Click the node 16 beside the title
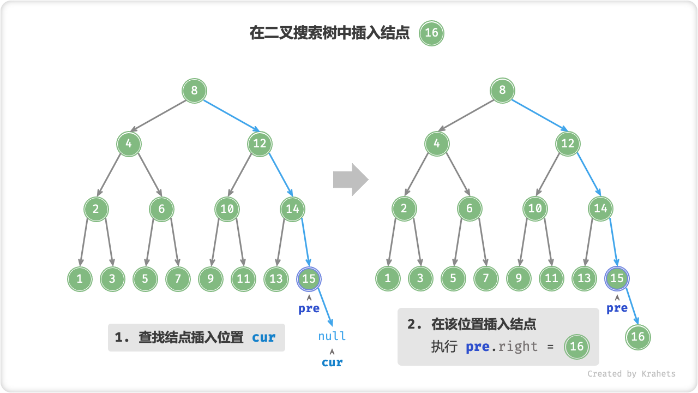(431, 33)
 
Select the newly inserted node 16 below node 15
(638, 337)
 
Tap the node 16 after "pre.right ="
(577, 346)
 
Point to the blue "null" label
(332, 336)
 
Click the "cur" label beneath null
(332, 362)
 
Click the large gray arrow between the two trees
(351, 179)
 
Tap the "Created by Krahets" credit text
(631, 374)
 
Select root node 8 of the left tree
(194, 91)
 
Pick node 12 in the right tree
(568, 144)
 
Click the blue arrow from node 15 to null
(325, 308)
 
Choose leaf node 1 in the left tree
(80, 279)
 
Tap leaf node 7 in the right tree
(486, 279)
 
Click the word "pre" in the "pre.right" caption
(478, 347)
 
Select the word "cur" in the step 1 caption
(264, 337)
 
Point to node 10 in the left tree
(227, 209)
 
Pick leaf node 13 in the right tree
(584, 279)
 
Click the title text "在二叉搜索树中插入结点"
(329, 33)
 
